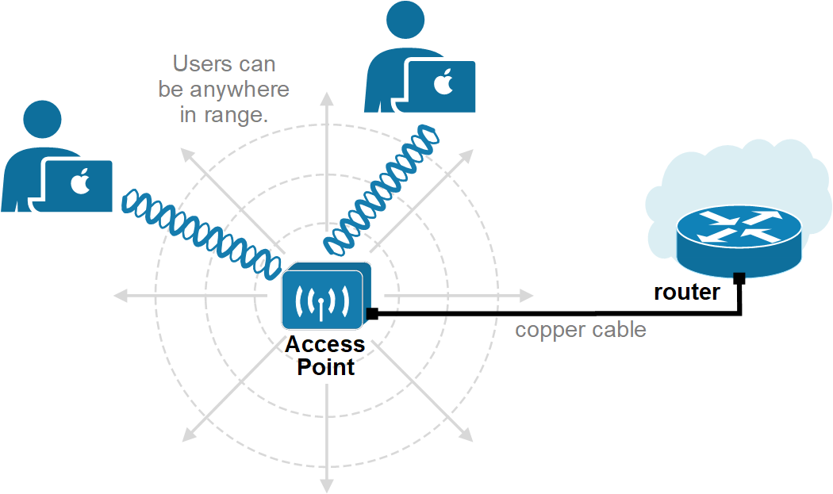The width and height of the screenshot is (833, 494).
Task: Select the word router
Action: (686, 293)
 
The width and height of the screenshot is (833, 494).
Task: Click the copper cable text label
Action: (581, 330)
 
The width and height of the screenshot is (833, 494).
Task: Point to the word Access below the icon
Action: (325, 346)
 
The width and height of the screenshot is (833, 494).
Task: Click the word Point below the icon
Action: (325, 368)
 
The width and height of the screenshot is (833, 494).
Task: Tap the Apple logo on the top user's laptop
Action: (441, 82)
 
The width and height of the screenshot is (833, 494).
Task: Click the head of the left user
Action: (42, 121)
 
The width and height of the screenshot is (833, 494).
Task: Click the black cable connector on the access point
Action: (371, 314)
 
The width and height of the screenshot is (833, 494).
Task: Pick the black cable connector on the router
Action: (739, 278)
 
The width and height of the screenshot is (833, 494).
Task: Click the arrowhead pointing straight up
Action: (326, 98)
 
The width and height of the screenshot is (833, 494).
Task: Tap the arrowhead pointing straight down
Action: (326, 483)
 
